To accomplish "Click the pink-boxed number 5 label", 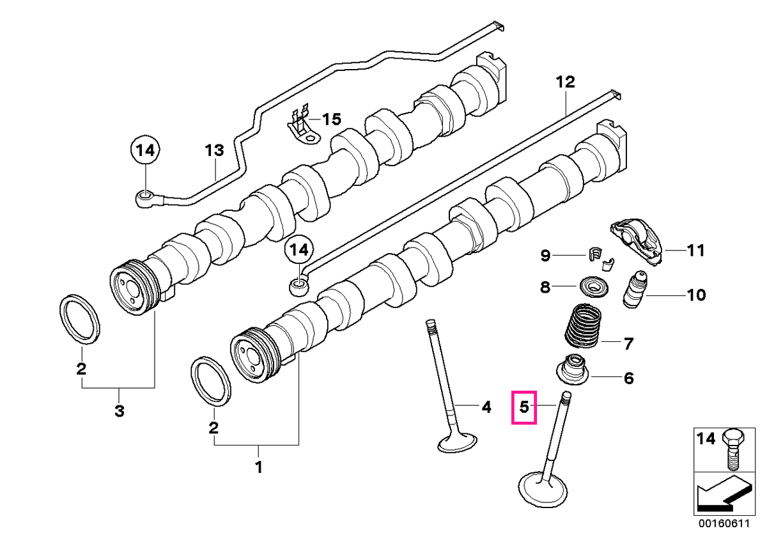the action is (x=524, y=407).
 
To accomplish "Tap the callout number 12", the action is (x=565, y=82).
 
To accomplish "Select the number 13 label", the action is (x=214, y=150).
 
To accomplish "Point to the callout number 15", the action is (x=332, y=119).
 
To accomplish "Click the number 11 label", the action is (x=695, y=251).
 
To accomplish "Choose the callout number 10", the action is (x=696, y=295).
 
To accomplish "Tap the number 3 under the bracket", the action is (x=119, y=411).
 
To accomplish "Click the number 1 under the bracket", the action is (x=260, y=467).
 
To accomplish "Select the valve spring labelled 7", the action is (x=582, y=325).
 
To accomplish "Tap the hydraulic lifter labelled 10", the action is (x=635, y=290).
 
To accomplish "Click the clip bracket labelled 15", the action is (x=304, y=126).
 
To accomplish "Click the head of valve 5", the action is (x=543, y=490).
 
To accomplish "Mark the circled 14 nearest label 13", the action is (x=146, y=150).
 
